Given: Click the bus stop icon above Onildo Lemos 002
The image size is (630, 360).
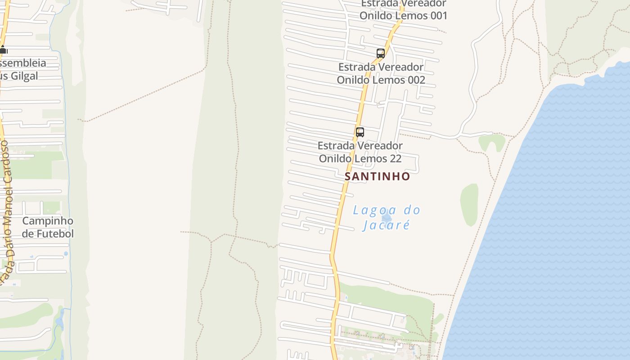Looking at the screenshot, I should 380,54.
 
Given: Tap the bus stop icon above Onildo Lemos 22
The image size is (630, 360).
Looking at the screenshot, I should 360,132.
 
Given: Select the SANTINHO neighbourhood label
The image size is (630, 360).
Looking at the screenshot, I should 377,176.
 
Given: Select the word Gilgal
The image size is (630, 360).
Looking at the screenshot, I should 24,76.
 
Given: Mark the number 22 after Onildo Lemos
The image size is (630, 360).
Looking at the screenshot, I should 395,158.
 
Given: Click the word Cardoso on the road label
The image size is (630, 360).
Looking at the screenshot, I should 5,162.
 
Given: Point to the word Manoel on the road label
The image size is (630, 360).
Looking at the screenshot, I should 7,207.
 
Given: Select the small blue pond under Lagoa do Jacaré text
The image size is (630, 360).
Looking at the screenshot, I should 386,217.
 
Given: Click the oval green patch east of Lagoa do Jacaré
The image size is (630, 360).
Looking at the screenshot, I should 469,205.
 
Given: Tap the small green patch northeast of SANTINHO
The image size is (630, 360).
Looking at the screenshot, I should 491,142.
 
